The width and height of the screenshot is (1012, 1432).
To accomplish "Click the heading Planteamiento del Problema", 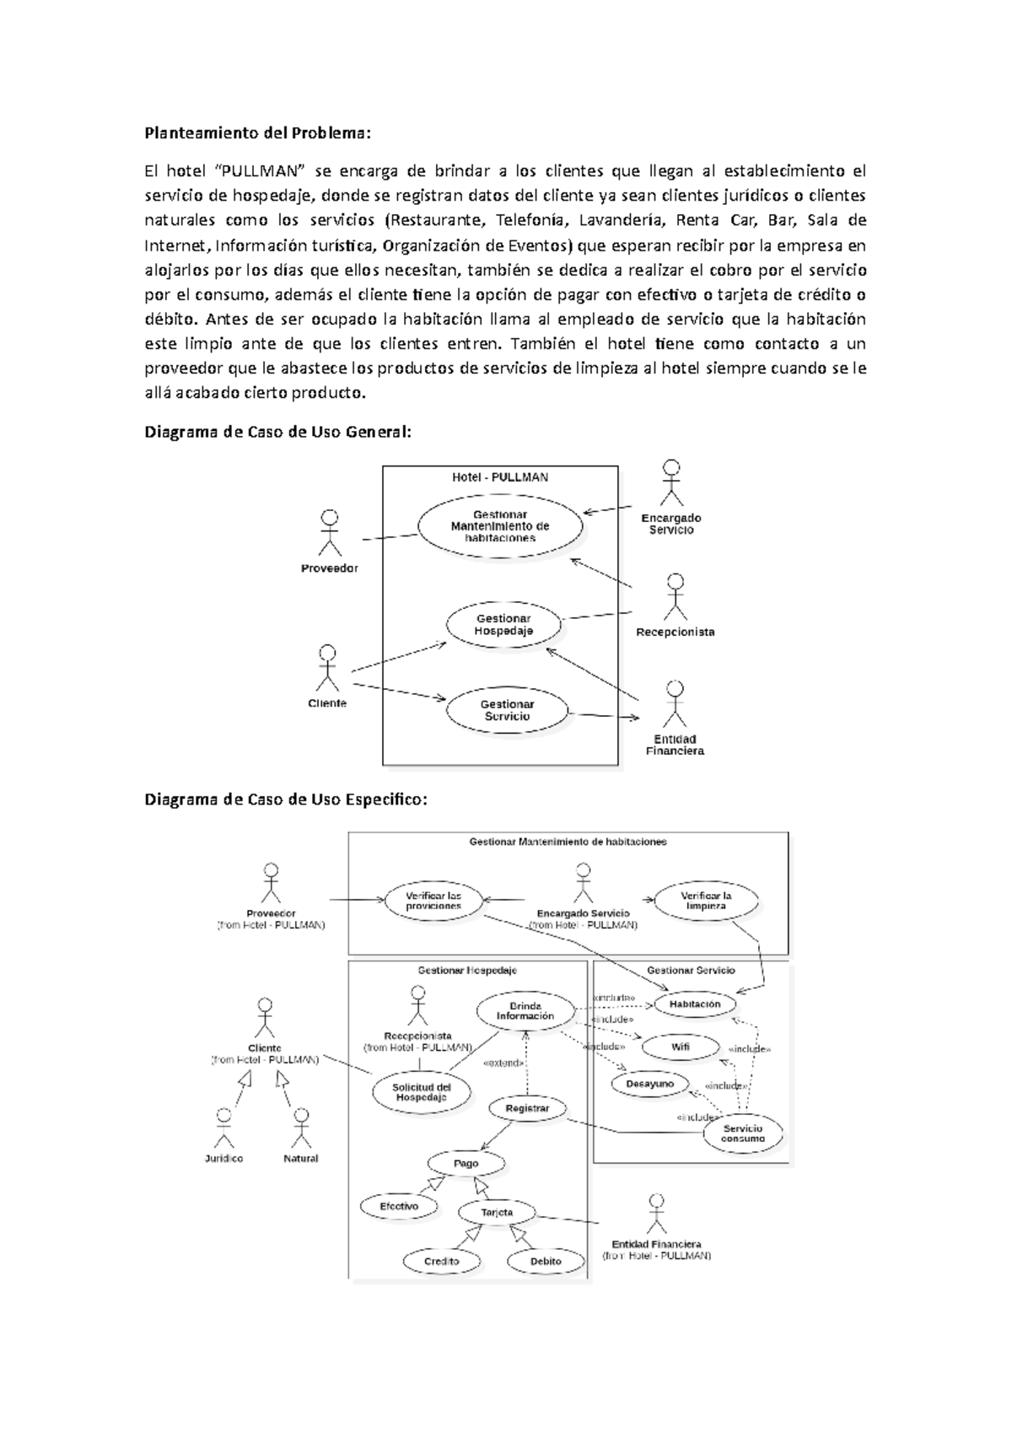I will click(x=257, y=133).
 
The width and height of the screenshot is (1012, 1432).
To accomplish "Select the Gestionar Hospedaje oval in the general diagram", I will click(x=503, y=625).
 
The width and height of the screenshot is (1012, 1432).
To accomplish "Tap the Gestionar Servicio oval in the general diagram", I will click(x=507, y=710).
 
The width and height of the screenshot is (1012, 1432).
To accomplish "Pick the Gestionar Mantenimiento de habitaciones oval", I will click(x=500, y=526).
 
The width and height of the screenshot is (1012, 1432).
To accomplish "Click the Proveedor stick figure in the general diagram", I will click(x=329, y=532).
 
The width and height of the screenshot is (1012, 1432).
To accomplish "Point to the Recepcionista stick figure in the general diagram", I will click(x=675, y=597).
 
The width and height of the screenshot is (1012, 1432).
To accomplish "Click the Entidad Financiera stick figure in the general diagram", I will click(x=673, y=704).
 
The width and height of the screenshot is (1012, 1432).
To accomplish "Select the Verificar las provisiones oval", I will click(x=433, y=901).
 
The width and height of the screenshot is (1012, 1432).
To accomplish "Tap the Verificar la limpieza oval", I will click(x=706, y=901).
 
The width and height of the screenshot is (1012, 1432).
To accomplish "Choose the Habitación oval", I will click(x=695, y=1004).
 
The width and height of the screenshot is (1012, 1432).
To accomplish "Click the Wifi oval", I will click(x=680, y=1047).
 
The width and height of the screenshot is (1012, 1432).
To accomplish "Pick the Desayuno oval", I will click(x=650, y=1084).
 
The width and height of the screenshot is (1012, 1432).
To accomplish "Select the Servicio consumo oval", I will click(x=742, y=1133).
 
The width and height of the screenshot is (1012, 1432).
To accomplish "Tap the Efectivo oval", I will click(x=399, y=1207).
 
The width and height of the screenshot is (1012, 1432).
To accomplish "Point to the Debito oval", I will click(x=546, y=1262).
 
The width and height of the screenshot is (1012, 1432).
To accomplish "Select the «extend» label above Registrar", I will click(x=503, y=1063).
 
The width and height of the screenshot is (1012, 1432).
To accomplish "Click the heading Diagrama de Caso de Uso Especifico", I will click(x=286, y=799).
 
